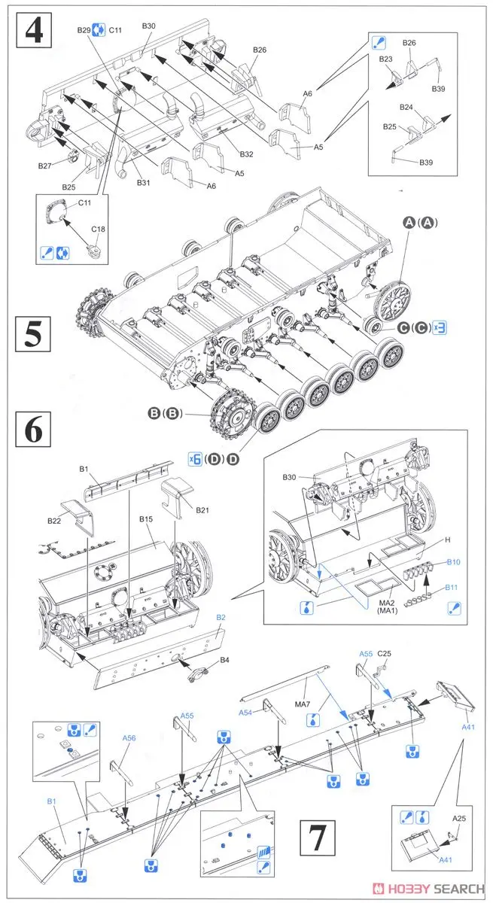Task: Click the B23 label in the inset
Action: tap(386, 59)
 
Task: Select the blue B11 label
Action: tap(452, 586)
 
